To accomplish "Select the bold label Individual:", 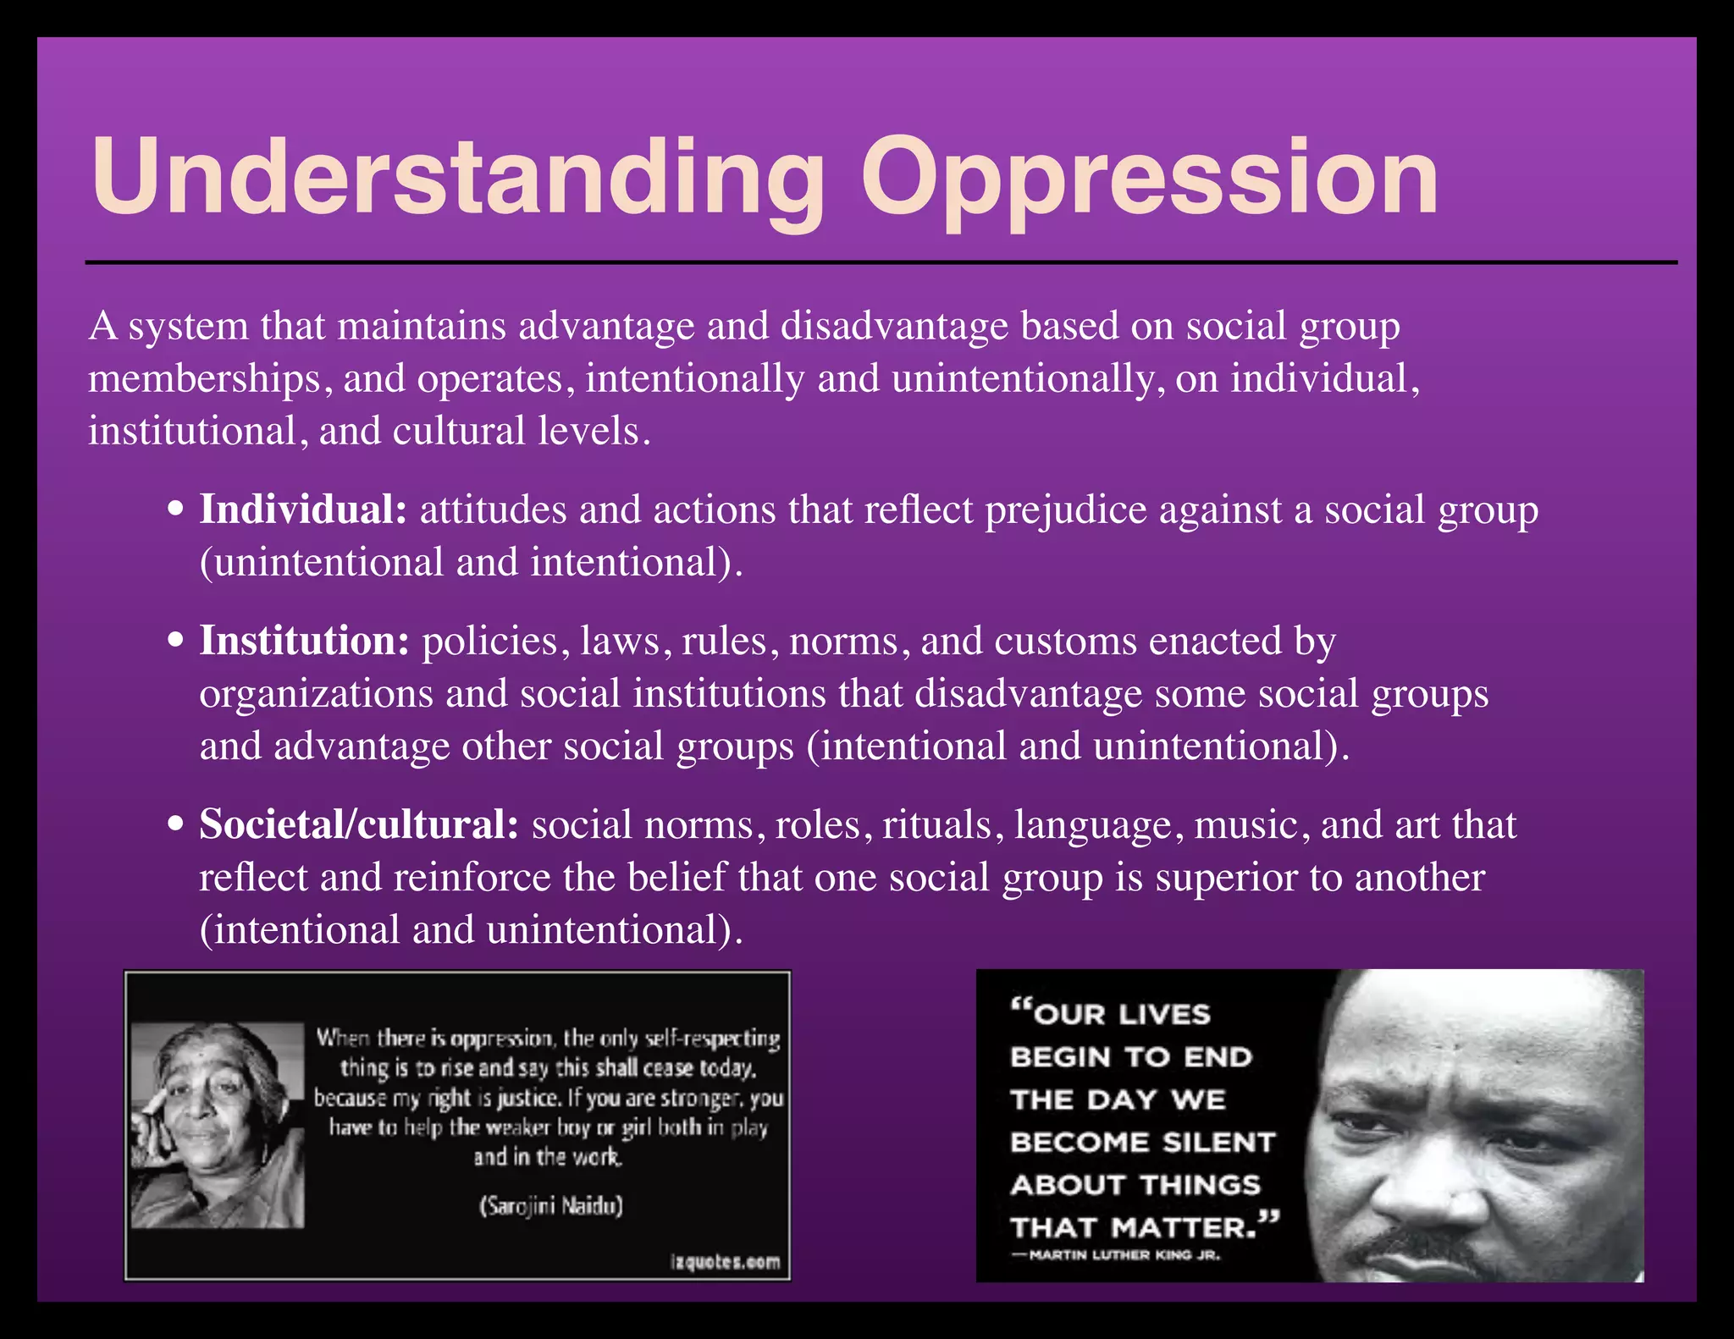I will (x=303, y=510).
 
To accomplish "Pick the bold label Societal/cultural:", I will (x=359, y=825).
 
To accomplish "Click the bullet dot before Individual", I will (x=176, y=510).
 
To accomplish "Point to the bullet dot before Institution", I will (x=176, y=642).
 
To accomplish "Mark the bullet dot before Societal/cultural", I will (x=176, y=825).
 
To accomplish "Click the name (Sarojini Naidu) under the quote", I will (x=551, y=1205).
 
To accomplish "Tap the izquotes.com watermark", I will (x=725, y=1262).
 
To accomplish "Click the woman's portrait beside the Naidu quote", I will (x=218, y=1126).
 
